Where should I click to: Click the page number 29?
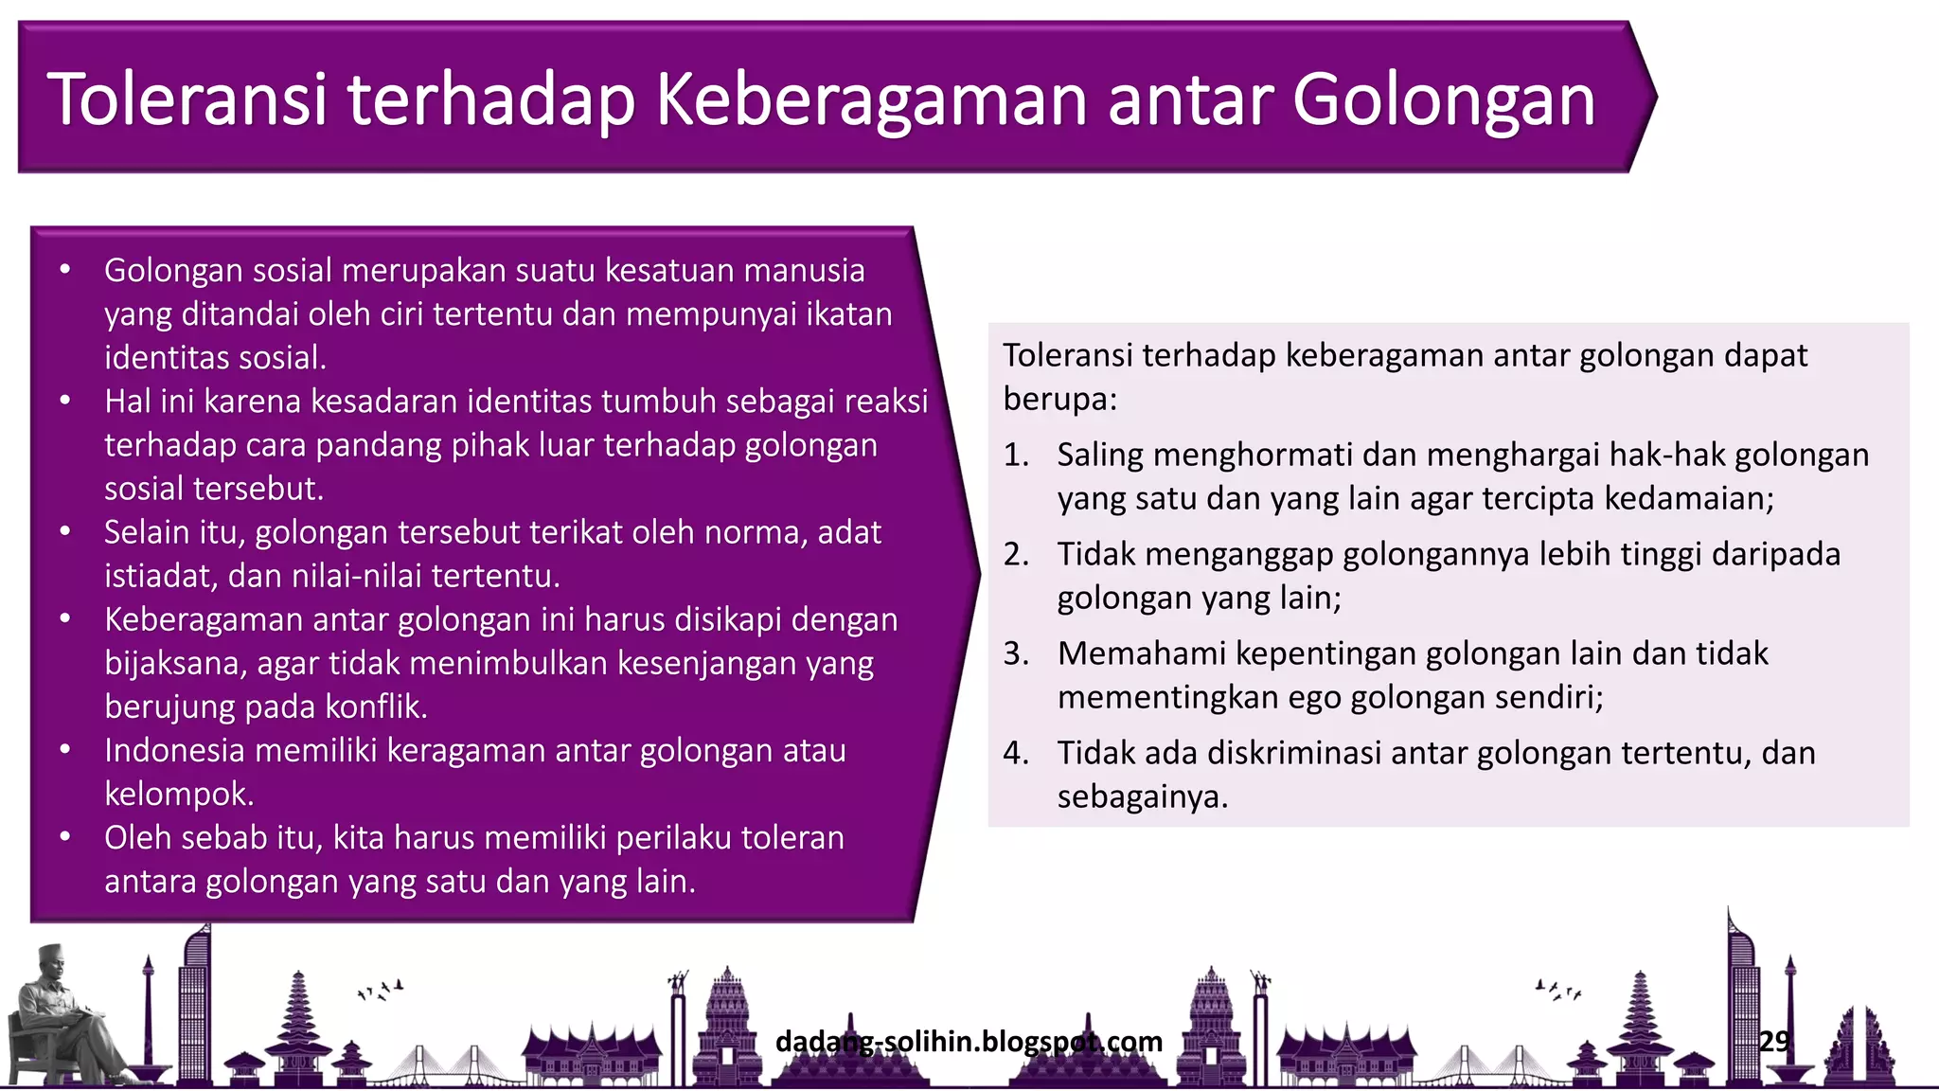point(1774,1041)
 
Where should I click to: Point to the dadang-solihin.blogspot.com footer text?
point(968,1041)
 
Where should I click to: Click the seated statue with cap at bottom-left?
point(66,1018)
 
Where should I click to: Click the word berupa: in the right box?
point(1060,400)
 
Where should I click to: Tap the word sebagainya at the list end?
point(1141,796)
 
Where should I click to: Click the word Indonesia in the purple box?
point(174,750)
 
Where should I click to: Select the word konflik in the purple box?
point(376,706)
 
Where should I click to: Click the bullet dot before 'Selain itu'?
point(65,531)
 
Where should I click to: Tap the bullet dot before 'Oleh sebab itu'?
point(65,837)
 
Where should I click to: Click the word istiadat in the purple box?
point(161,576)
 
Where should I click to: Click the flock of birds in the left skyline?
point(381,990)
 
